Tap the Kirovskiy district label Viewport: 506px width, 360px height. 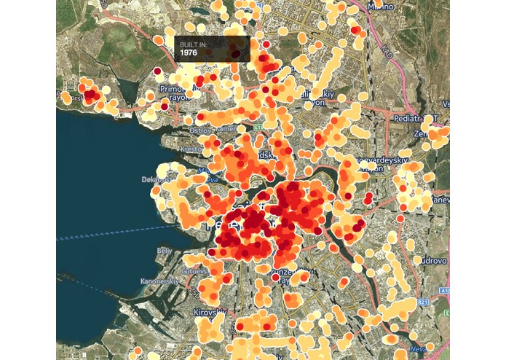pyautogui.click(x=210, y=313)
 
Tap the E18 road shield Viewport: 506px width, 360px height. pyautogui.click(x=258, y=127)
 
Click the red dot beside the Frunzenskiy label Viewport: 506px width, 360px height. pyautogui.click(x=274, y=277)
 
